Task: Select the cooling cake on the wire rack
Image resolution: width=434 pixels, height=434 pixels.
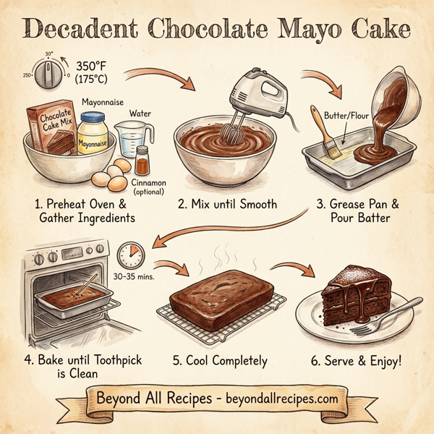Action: [221, 297]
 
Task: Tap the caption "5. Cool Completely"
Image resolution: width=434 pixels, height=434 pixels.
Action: [218, 360]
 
